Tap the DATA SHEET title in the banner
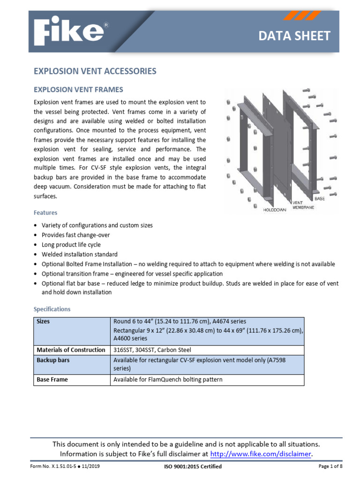click(294, 36)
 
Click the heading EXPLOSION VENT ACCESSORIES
click(95, 71)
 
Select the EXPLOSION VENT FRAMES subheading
click(78, 89)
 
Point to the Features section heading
click(45, 212)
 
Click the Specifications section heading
click(52, 309)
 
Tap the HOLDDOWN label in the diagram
click(274, 210)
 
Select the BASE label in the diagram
click(320, 199)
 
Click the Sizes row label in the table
click(44, 322)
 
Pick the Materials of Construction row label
click(71, 350)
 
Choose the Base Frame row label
click(52, 380)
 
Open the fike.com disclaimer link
click(261, 454)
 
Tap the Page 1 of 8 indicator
click(330, 466)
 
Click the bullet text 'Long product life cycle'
click(71, 245)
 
